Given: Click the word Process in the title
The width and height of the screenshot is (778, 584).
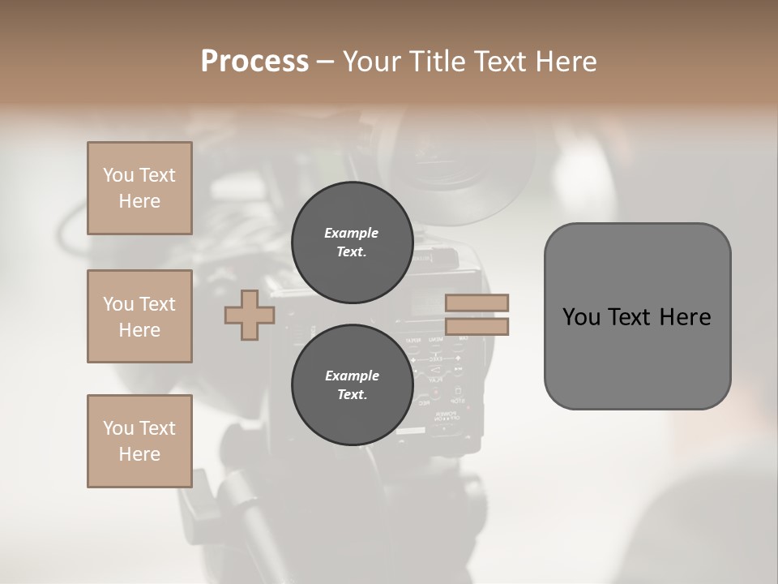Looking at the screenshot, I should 254,62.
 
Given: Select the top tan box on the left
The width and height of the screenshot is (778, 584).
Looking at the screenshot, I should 139,188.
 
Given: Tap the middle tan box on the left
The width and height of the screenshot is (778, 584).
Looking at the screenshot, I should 139,316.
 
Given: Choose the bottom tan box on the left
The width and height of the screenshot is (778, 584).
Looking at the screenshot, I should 139,441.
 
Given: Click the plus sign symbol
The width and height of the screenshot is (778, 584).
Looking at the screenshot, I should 250,315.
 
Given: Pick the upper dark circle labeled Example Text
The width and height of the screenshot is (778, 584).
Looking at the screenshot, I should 352,243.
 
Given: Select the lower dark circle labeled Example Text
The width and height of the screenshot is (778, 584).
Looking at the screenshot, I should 352,385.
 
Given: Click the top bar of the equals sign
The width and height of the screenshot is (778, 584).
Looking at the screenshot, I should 477,303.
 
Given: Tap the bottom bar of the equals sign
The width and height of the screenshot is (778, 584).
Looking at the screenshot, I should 477,326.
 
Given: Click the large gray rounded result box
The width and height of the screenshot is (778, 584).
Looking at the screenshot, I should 637,316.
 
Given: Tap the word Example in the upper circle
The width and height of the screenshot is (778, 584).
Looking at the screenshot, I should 352,233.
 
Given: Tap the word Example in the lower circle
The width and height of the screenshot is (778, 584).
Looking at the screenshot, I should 352,376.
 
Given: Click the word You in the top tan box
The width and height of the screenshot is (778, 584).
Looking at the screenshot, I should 118,175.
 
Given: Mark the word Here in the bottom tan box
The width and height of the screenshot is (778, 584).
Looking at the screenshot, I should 139,454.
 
